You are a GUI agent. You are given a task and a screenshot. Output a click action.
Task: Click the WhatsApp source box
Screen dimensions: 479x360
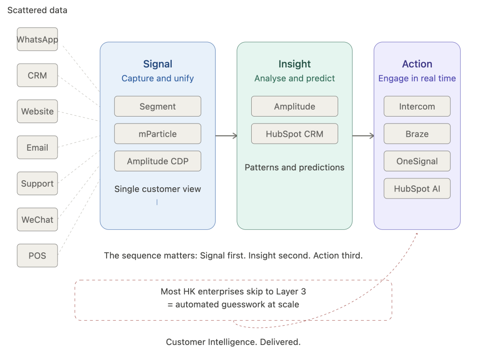pyautogui.click(x=37, y=39)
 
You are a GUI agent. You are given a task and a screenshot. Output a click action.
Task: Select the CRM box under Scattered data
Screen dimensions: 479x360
pyautogui.click(x=37, y=75)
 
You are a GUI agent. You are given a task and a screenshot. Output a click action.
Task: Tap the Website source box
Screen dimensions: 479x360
pyautogui.click(x=37, y=111)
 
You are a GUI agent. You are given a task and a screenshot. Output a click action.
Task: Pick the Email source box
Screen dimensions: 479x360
pyautogui.click(x=37, y=147)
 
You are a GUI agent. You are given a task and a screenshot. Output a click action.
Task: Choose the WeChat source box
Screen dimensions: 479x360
pyautogui.click(x=37, y=220)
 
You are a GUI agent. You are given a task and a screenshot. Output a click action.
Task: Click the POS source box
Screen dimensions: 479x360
pyautogui.click(x=37, y=256)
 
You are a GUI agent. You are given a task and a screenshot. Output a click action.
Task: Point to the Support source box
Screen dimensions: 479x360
pyautogui.click(x=37, y=184)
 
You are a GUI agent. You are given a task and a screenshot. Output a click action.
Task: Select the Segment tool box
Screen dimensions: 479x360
pyautogui.click(x=158, y=106)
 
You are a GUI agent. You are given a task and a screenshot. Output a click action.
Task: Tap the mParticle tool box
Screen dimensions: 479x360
pyautogui.click(x=158, y=133)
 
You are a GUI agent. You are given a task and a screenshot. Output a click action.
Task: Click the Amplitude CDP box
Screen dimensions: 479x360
pyautogui.click(x=158, y=161)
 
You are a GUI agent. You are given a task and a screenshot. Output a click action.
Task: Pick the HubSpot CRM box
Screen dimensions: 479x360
pyautogui.click(x=295, y=133)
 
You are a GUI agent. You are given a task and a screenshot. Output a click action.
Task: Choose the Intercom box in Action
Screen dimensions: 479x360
pyautogui.click(x=417, y=106)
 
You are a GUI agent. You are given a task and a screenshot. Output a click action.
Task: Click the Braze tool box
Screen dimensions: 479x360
pyautogui.click(x=417, y=133)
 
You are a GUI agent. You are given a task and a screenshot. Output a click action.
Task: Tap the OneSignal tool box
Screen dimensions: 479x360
pyautogui.click(x=417, y=161)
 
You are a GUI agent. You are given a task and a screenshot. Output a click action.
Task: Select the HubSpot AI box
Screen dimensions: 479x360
pyautogui.click(x=417, y=189)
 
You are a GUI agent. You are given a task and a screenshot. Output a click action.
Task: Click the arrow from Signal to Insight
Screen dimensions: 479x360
pyautogui.click(x=226, y=136)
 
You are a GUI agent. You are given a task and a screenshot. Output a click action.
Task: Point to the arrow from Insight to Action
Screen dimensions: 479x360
pyautogui.click(x=363, y=136)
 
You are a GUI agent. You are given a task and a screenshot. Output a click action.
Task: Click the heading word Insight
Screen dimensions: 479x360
pyautogui.click(x=295, y=64)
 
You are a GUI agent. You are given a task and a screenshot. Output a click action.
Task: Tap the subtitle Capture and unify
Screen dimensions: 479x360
pyautogui.click(x=158, y=79)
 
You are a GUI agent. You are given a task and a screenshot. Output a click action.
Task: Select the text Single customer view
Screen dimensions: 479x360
pyautogui.click(x=158, y=189)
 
